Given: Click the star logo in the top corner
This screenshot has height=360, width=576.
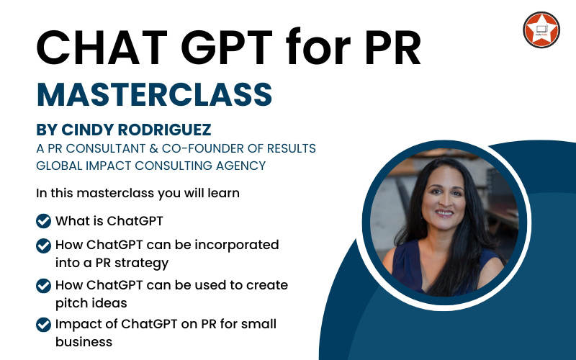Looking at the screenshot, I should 541,30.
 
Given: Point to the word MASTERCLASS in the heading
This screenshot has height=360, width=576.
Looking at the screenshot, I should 154,94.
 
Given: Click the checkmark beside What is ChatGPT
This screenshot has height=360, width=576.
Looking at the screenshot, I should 43,220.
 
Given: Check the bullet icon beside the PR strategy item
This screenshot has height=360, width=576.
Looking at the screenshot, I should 43,246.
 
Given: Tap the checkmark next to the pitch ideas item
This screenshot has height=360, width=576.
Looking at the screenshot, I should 43,285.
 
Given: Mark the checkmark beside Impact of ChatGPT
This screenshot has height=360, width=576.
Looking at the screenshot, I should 43,325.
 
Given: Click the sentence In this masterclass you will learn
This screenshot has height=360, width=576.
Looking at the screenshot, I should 138,193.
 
